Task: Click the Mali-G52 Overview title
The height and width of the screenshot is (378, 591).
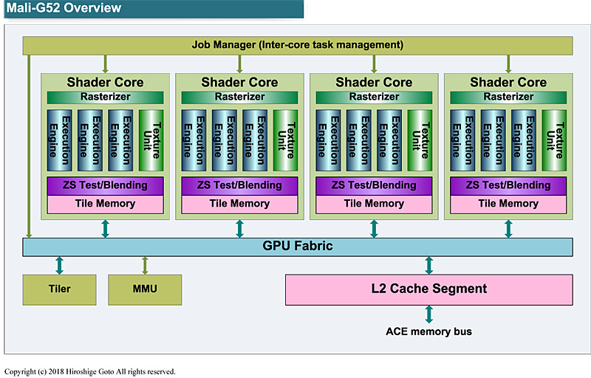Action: pyautogui.click(x=64, y=9)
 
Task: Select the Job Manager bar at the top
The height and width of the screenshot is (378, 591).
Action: pyautogui.click(x=298, y=45)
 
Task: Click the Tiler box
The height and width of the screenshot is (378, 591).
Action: pyautogui.click(x=59, y=289)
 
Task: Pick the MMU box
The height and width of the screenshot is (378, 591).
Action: pyautogui.click(x=145, y=289)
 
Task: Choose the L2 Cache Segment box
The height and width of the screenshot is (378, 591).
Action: pyautogui.click(x=428, y=289)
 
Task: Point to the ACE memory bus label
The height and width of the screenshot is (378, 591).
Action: pyautogui.click(x=428, y=331)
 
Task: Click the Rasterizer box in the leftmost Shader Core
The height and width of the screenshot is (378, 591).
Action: pyautogui.click(x=105, y=97)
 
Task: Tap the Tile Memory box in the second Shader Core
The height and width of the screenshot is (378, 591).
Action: pyautogui.click(x=239, y=204)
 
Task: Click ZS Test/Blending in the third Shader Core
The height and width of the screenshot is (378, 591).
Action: pyautogui.click(x=374, y=185)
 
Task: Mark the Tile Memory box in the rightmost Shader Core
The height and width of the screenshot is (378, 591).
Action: pyautogui.click(x=508, y=204)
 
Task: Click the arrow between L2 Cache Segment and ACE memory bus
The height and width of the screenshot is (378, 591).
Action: pyautogui.click(x=428, y=314)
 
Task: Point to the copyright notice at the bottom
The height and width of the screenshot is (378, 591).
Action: pyautogui.click(x=89, y=371)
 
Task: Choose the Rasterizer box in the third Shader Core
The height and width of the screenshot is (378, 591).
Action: pyautogui.click(x=374, y=97)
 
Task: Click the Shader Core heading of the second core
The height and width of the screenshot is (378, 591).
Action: pyautogui.click(x=239, y=82)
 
